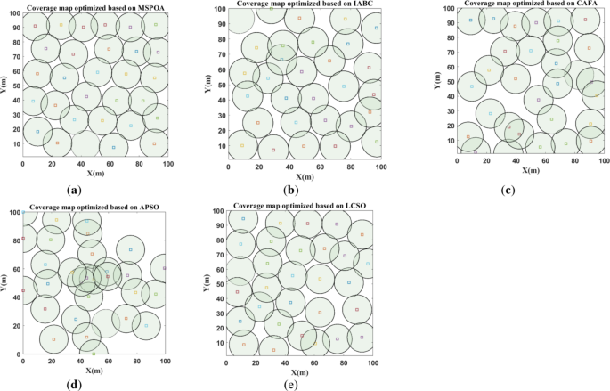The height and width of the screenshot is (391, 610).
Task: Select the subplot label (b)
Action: (289, 189)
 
